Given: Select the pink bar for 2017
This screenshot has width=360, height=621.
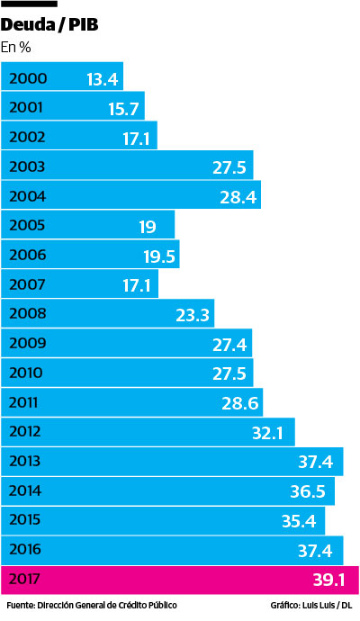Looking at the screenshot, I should pyautogui.click(x=180, y=580).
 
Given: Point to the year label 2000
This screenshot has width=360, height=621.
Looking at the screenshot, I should pyautogui.click(x=27, y=78).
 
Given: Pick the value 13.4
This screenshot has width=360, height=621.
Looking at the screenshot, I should pyautogui.click(x=103, y=79).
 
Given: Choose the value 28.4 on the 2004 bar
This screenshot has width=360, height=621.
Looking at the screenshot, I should pyautogui.click(x=237, y=197).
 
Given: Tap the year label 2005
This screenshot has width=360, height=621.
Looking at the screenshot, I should pyautogui.click(x=27, y=226).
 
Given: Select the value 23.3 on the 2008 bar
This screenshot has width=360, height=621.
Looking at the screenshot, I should pyautogui.click(x=193, y=315).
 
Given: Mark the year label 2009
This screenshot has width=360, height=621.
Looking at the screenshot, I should pyautogui.click(x=27, y=344).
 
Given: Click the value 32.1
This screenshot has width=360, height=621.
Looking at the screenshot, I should pyautogui.click(x=268, y=433).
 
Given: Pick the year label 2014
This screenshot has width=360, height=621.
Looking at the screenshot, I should pyautogui.click(x=27, y=491).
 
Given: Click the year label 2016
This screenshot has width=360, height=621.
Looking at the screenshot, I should pyautogui.click(x=27, y=550).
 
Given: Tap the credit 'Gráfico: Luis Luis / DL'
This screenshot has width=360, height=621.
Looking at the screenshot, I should pyautogui.click(x=310, y=606).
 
